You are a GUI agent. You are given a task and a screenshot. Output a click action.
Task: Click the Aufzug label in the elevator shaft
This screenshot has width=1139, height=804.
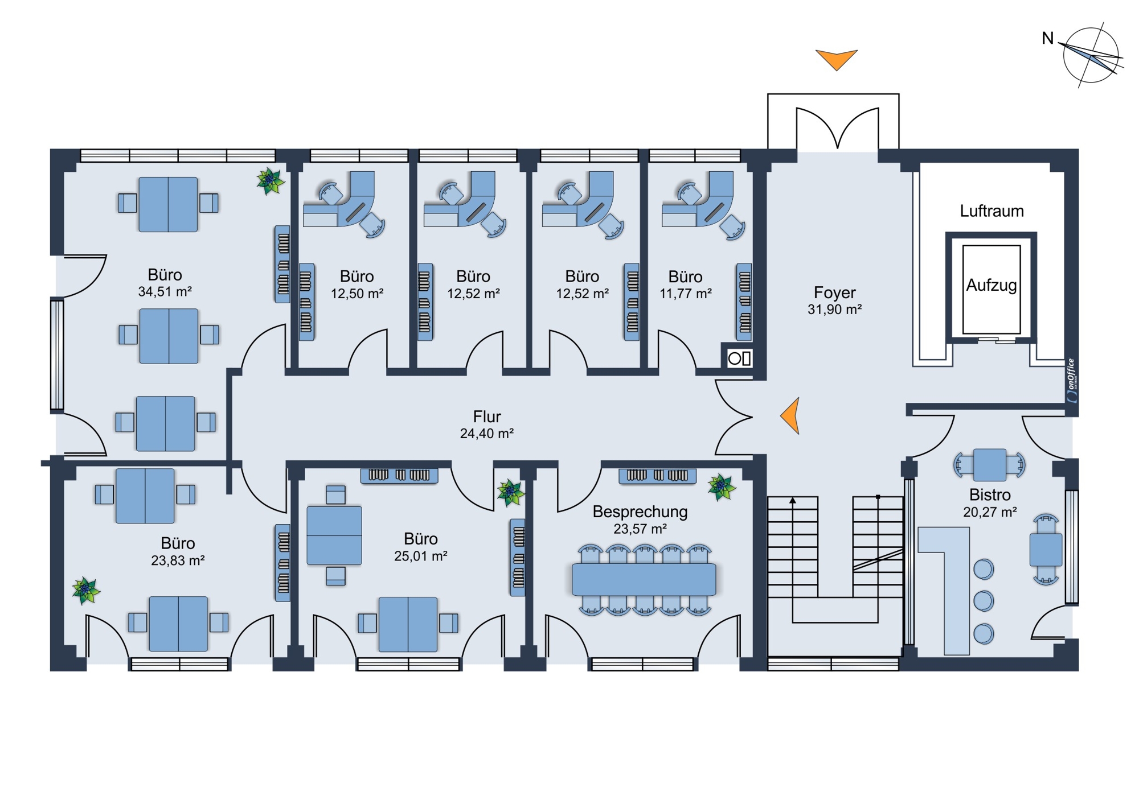pyautogui.click(x=991, y=285)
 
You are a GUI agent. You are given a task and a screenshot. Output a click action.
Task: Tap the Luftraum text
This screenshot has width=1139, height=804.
pyautogui.click(x=991, y=211)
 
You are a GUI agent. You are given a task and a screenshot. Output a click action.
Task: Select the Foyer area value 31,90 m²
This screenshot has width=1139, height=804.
pyautogui.click(x=834, y=310)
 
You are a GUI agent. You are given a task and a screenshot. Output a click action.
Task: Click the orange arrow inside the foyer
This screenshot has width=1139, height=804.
pyautogui.click(x=790, y=415)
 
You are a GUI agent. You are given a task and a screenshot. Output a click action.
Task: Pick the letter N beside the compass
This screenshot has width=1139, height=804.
pyautogui.click(x=1047, y=38)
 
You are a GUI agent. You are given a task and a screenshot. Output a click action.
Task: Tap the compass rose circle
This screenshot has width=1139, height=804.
pyautogui.click(x=1090, y=55)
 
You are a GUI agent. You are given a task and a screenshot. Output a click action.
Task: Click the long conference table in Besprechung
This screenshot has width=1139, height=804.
pyautogui.click(x=644, y=579)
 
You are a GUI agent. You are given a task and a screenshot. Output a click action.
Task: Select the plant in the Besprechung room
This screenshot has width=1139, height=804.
pyautogui.click(x=722, y=486)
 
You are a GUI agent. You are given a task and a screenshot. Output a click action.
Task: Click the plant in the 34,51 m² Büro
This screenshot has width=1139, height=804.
pyautogui.click(x=270, y=181)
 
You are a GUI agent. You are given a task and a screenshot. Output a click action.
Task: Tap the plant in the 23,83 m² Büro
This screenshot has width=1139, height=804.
pyautogui.click(x=86, y=590)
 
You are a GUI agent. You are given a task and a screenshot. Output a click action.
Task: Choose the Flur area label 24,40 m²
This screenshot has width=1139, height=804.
pyautogui.click(x=487, y=434)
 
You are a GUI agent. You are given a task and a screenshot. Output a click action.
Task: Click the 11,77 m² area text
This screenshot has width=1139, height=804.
pyautogui.click(x=686, y=294)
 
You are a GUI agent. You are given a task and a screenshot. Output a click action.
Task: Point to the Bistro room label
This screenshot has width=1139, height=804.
pyautogui.click(x=990, y=494)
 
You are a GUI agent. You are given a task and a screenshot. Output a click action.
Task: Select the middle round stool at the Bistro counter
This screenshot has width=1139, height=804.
pyautogui.click(x=984, y=601)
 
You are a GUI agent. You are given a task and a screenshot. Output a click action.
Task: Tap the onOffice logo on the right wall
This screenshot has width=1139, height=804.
pyautogui.click(x=1072, y=381)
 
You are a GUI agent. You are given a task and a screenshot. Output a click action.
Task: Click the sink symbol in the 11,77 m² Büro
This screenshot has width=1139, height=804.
pyautogui.click(x=739, y=358)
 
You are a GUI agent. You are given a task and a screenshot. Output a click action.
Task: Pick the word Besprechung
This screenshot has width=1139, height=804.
pyautogui.click(x=640, y=512)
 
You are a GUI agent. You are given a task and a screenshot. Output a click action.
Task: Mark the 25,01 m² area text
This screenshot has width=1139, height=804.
pyautogui.click(x=421, y=556)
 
